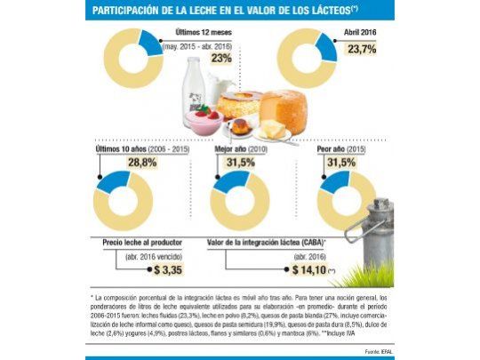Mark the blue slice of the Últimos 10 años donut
(x=116, y=183)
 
